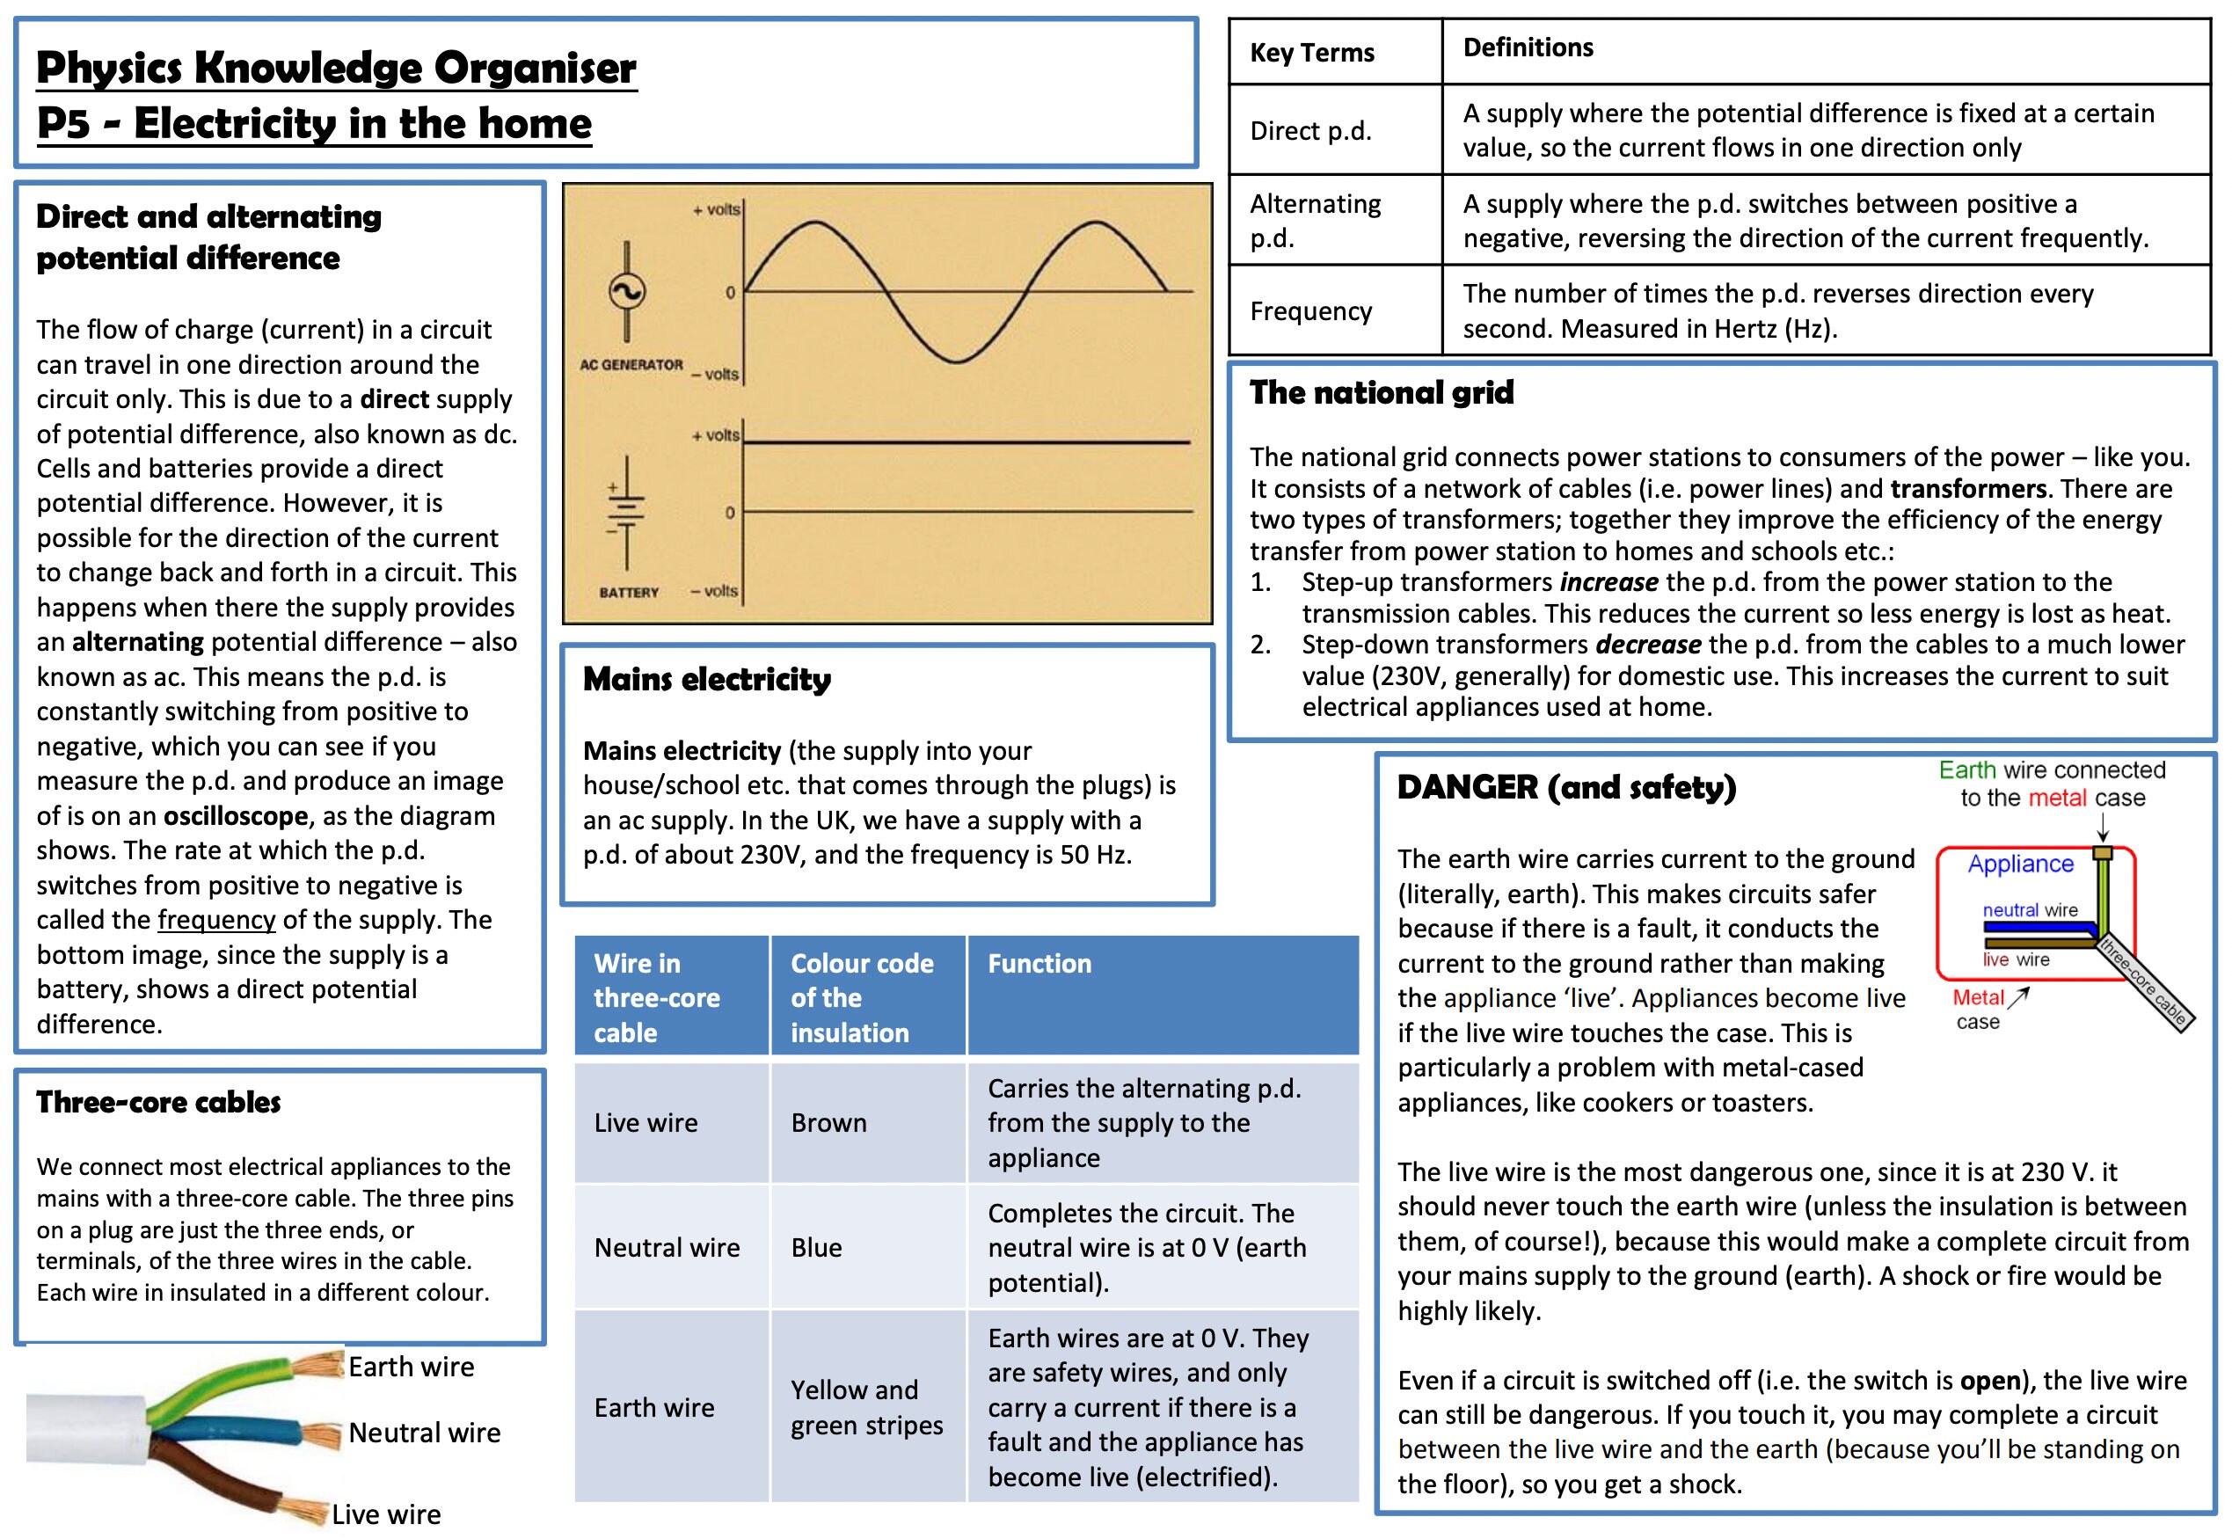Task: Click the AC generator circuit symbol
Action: pos(627,290)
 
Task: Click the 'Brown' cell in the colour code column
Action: pos(828,1122)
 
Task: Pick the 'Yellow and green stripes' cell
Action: pos(866,1407)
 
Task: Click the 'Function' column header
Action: pos(1039,963)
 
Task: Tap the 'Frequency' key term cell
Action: pos(1310,310)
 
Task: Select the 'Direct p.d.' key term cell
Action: pos(1310,130)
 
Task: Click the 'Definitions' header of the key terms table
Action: pos(1528,47)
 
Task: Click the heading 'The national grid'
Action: pos(1381,392)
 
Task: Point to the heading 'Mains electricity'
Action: pos(707,679)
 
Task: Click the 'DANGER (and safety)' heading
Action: pos(1565,787)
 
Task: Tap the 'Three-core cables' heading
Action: pos(158,1102)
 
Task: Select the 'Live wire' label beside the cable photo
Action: pos(386,1513)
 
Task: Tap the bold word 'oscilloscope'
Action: pos(236,816)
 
